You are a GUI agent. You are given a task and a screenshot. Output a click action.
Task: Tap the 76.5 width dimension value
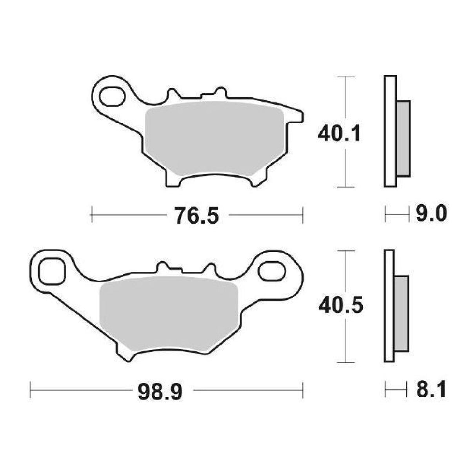click(197, 215)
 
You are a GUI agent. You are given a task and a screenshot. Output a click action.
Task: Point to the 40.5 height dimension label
click(341, 305)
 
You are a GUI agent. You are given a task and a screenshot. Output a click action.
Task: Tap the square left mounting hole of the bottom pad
click(53, 271)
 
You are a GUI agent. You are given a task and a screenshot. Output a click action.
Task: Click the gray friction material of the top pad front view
click(214, 138)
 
